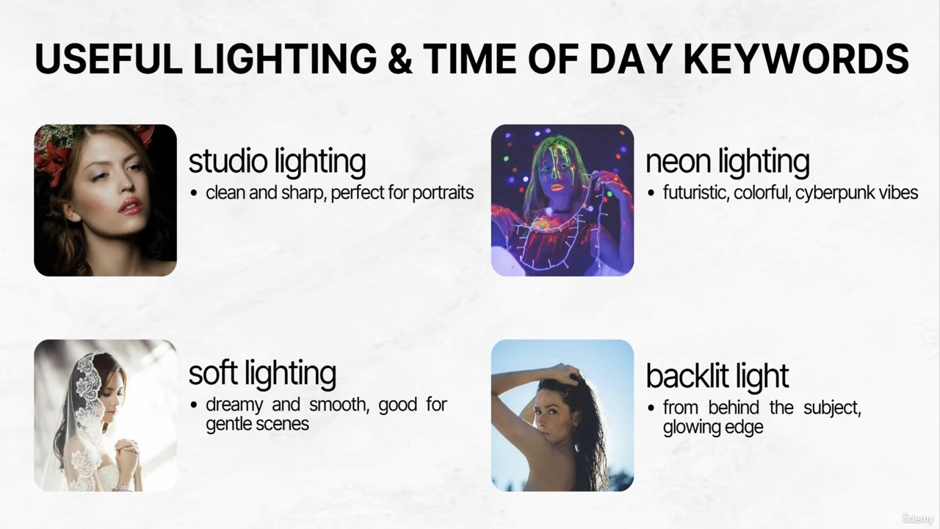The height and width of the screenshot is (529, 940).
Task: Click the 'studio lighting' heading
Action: (277, 162)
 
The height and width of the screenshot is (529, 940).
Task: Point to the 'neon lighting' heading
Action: (727, 162)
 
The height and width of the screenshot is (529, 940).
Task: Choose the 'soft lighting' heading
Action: (262, 374)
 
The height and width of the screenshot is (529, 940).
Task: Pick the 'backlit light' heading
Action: (717, 376)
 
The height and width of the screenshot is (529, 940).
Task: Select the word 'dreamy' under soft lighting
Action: (234, 406)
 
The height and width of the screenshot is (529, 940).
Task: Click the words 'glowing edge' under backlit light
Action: (713, 428)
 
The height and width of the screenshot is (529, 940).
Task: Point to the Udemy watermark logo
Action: (917, 518)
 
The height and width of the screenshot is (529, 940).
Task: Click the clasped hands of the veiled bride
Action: (126, 450)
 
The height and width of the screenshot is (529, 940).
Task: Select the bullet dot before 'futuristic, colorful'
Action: (651, 193)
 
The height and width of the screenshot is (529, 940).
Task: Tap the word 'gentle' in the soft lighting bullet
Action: (228, 425)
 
